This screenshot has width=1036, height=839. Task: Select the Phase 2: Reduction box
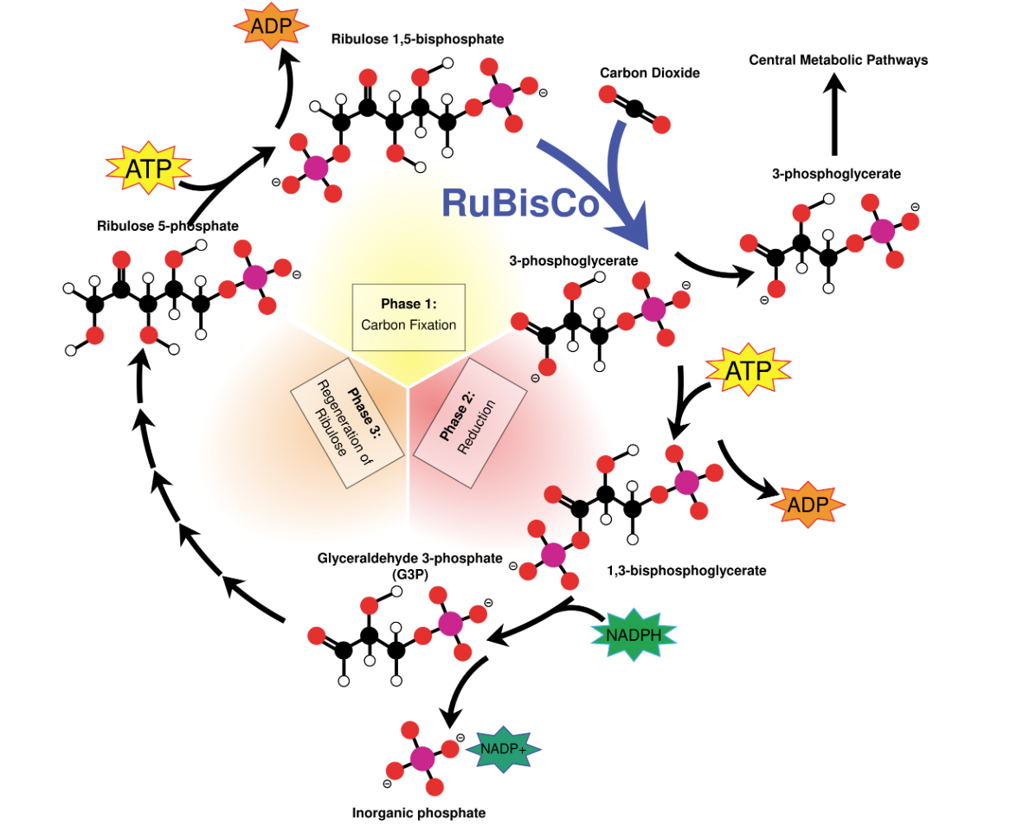(x=471, y=427)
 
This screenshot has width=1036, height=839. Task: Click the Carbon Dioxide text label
(x=649, y=73)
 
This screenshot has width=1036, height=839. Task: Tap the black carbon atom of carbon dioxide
(x=634, y=109)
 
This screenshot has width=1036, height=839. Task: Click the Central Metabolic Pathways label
(x=838, y=60)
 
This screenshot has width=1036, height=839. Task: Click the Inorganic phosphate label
(x=419, y=813)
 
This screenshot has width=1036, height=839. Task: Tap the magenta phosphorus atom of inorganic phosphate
(x=422, y=759)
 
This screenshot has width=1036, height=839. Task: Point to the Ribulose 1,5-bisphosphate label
(x=417, y=39)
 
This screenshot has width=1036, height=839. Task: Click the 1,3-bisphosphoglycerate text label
(x=687, y=571)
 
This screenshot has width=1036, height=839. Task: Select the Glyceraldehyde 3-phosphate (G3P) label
(x=409, y=564)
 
